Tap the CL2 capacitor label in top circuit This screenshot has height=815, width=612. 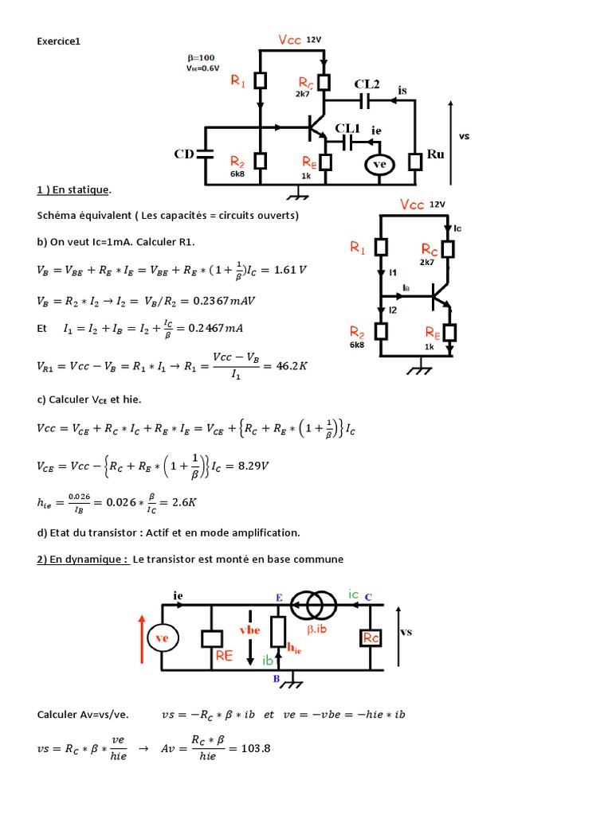click(367, 84)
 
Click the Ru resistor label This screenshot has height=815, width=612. click(435, 154)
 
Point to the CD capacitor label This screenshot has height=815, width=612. click(184, 154)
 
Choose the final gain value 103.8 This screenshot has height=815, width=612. click(248, 749)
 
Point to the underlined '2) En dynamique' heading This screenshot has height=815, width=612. click(82, 559)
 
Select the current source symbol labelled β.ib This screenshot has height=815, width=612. click(313, 606)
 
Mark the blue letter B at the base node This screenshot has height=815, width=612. click(277, 679)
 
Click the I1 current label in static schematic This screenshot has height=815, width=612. click(393, 272)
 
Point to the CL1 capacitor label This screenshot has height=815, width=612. click(347, 127)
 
